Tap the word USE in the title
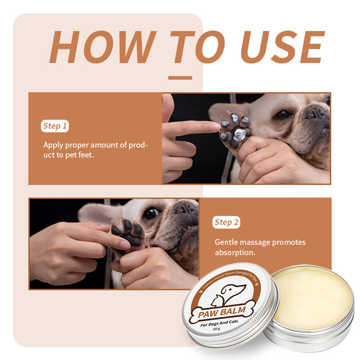[x=282, y=47]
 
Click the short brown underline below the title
[x=180, y=78]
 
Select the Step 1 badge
[x=55, y=126]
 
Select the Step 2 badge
[x=226, y=222]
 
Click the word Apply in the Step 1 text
[x=53, y=146]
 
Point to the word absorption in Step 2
[x=235, y=253]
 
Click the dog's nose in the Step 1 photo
[x=318, y=113]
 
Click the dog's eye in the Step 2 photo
[x=151, y=213]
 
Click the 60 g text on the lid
[x=217, y=329]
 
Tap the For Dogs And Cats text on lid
[x=219, y=323]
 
